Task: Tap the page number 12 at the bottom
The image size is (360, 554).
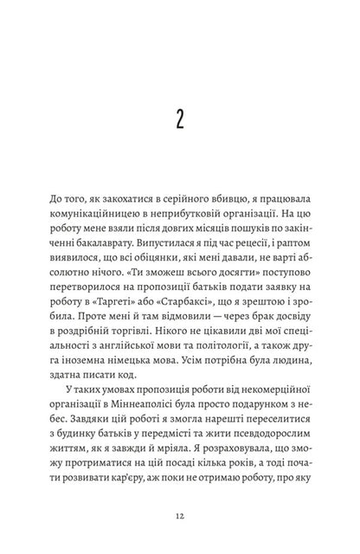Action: point(179,514)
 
